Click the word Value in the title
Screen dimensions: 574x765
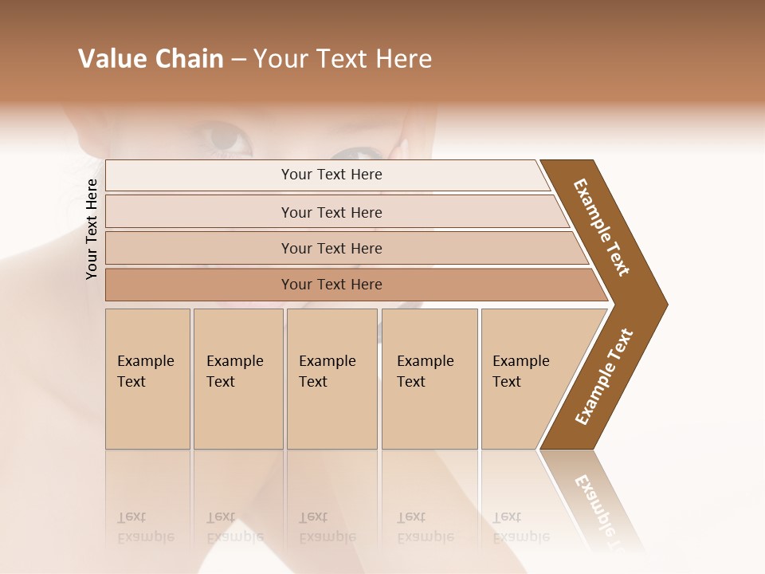tap(111, 59)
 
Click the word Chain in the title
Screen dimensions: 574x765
tap(187, 59)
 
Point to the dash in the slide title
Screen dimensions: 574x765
tap(239, 60)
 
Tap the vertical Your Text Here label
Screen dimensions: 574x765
tap(92, 229)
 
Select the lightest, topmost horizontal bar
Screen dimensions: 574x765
tap(331, 175)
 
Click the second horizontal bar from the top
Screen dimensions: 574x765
tap(331, 212)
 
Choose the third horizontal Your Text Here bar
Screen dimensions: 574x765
tap(331, 248)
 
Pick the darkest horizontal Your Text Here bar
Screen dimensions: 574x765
tap(331, 285)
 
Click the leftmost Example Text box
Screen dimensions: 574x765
tap(147, 379)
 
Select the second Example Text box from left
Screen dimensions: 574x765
tap(237, 379)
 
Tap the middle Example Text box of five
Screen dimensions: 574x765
tap(331, 379)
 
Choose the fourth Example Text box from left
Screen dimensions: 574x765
tap(429, 379)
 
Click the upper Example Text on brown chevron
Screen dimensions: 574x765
tap(602, 226)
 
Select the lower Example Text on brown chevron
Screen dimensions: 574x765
tap(604, 377)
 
